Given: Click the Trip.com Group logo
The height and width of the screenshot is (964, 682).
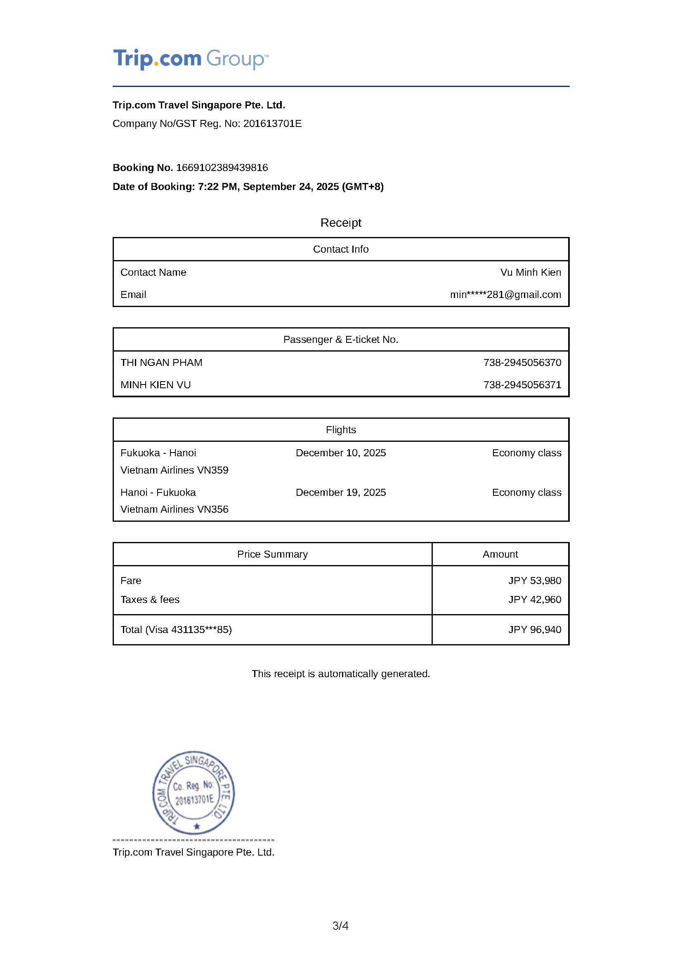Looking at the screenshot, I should (x=190, y=59).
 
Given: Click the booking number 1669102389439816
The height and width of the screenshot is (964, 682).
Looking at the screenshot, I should (x=222, y=167).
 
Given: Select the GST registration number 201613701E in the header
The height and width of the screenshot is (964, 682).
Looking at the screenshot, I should (x=272, y=124).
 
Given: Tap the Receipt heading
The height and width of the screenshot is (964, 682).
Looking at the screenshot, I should (x=340, y=223).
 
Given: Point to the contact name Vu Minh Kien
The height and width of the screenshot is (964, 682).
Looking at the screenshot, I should (x=530, y=272).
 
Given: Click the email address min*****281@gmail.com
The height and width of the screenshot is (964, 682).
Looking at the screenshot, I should (x=505, y=294).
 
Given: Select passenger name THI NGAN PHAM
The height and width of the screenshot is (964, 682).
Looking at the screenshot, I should (x=161, y=362).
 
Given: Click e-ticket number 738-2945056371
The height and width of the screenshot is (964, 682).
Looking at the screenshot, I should (x=522, y=385).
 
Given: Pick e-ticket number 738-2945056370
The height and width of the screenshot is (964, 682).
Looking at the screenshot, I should (x=522, y=362).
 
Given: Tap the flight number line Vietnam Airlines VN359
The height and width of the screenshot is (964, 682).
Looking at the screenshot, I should (x=175, y=470).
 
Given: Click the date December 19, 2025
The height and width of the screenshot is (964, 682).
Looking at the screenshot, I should (x=340, y=492).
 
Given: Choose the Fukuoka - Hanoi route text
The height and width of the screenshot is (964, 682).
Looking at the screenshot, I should (x=158, y=453).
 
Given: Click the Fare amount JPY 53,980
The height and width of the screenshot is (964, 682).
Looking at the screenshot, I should (x=535, y=580).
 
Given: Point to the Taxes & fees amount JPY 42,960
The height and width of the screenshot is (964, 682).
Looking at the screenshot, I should (x=535, y=599).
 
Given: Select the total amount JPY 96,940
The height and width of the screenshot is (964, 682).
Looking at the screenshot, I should (x=535, y=629).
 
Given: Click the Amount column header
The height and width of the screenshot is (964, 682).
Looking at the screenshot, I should (x=500, y=554).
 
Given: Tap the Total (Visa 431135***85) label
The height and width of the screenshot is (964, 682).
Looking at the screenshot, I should (x=176, y=629).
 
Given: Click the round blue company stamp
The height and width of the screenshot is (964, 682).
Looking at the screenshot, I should (x=194, y=793).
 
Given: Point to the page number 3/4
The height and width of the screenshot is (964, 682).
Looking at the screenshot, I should (x=340, y=925).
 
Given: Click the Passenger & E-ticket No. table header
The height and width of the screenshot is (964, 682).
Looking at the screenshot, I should (x=340, y=339).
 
